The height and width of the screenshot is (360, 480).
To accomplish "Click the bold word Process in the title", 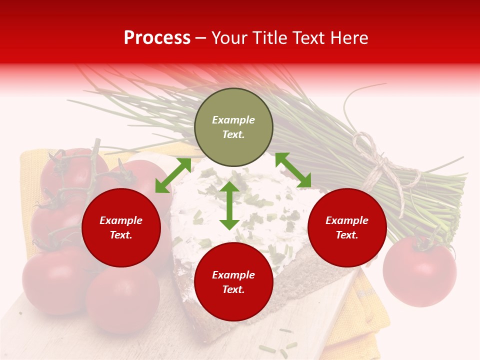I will pyautogui.click(x=157, y=38).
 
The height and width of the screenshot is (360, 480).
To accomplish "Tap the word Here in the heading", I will pyautogui.click(x=348, y=38).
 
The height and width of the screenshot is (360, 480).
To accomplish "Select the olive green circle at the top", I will pyautogui.click(x=233, y=127).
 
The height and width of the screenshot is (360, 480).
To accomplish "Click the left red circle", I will pyautogui.click(x=121, y=227).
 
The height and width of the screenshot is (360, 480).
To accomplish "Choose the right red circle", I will pyautogui.click(x=347, y=227).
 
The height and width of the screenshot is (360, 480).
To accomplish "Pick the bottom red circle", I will pyautogui.click(x=233, y=282).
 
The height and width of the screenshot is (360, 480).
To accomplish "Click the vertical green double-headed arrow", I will pyautogui.click(x=229, y=205).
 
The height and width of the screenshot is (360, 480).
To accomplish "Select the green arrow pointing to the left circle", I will pyautogui.click(x=173, y=175).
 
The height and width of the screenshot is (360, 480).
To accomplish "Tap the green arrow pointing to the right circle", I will pyautogui.click(x=293, y=170).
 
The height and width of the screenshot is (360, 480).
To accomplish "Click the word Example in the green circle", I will pyautogui.click(x=233, y=120).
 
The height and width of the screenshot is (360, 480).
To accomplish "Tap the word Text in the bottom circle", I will pyautogui.click(x=233, y=289).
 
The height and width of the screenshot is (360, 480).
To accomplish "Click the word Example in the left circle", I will pyautogui.click(x=121, y=220).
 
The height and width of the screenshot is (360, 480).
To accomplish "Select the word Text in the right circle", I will pyautogui.click(x=347, y=235).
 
